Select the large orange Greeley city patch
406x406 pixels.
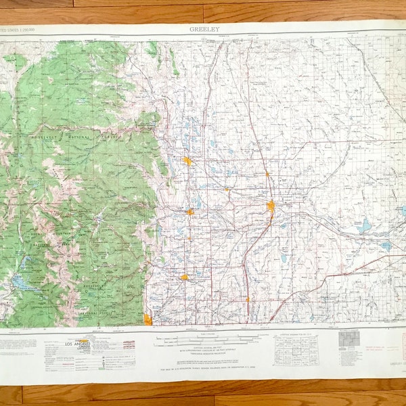tap(271, 206)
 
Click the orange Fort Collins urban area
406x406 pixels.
tap(187, 161)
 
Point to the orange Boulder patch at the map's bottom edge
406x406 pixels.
tap(148, 319)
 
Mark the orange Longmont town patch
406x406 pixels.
tap(184, 277)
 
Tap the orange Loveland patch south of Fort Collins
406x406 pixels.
tap(190, 212)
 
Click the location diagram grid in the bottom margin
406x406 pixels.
tap(296, 348)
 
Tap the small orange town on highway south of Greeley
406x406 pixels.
tap(247, 298)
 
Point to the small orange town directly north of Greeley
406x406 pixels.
tap(267, 175)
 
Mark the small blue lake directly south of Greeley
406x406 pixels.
tap(284, 258)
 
